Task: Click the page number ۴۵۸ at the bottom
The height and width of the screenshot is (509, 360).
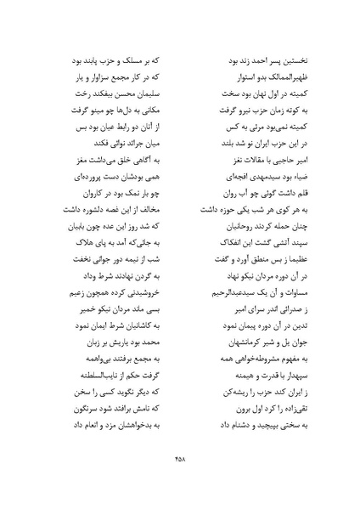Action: click(x=179, y=458)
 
